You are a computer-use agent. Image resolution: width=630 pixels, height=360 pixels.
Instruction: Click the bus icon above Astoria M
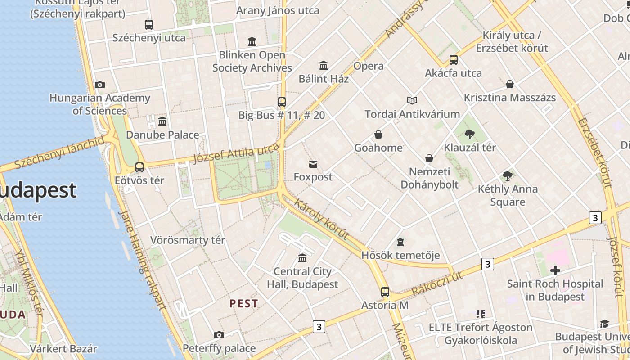(x=385, y=292)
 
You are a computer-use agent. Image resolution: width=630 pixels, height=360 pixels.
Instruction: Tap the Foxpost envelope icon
(x=313, y=164)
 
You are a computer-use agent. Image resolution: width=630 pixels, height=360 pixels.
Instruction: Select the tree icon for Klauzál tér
(x=470, y=134)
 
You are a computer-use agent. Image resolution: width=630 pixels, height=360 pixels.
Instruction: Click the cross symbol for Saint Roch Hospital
(x=555, y=270)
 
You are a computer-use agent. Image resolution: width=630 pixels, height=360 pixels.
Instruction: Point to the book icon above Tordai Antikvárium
(x=412, y=100)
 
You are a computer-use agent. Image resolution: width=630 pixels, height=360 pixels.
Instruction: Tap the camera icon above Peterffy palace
(x=219, y=335)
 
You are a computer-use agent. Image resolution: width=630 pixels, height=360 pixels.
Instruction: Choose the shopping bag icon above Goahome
(x=378, y=135)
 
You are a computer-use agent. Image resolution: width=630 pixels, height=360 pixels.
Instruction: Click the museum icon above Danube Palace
(x=162, y=121)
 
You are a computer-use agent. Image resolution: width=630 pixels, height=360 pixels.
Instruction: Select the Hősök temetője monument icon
(x=400, y=242)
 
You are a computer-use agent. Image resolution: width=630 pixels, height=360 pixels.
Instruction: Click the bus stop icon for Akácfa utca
(x=454, y=60)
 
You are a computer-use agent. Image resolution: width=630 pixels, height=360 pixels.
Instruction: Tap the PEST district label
(x=244, y=304)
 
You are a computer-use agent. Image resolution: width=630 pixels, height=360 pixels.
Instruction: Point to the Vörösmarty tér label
(x=188, y=240)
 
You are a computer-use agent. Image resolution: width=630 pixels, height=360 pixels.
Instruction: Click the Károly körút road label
(x=321, y=220)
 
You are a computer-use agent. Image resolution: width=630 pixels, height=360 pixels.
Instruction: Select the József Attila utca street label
(x=236, y=154)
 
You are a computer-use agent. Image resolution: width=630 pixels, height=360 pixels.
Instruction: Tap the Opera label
(x=369, y=66)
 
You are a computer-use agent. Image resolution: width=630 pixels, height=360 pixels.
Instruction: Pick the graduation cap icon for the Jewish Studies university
(x=604, y=324)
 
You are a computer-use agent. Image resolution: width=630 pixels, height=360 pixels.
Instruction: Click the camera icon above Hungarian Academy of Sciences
(x=100, y=85)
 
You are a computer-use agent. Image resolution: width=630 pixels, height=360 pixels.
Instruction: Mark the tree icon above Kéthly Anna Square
(x=508, y=175)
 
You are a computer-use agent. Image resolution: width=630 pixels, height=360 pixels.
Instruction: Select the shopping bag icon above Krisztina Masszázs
(x=510, y=84)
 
